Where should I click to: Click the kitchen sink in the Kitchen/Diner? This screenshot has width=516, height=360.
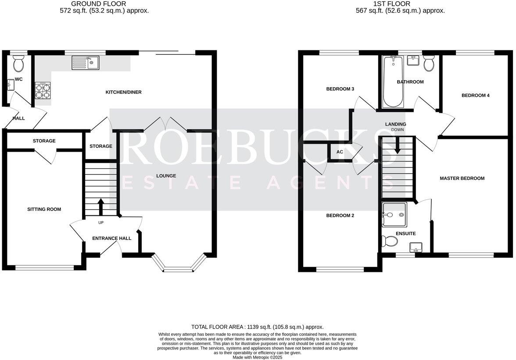(86, 63)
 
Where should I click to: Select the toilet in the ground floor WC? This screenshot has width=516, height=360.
(18, 65)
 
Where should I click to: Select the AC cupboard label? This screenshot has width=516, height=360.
(340, 152)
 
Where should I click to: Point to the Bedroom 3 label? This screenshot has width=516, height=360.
(340, 89)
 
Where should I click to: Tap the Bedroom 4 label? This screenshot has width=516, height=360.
(475, 96)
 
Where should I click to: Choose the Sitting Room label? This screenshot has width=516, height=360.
(44, 210)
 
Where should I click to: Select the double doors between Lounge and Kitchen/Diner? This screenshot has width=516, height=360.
(165, 124)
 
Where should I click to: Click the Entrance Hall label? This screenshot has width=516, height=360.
(111, 239)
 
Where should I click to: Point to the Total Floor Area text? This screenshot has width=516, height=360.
(257, 327)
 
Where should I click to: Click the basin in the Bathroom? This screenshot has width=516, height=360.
(413, 61)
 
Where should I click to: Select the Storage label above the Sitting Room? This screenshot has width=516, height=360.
(44, 141)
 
